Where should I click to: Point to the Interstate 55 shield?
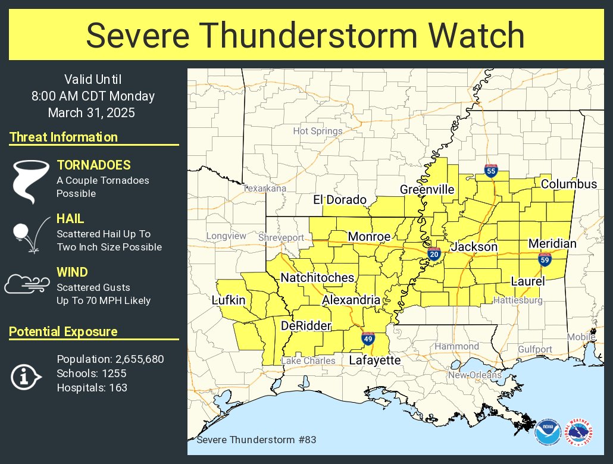[x=491, y=171]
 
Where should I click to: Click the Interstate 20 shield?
[x=433, y=254]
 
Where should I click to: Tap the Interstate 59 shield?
[x=545, y=259]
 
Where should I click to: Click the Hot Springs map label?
[x=318, y=131]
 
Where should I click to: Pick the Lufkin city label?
[x=229, y=300]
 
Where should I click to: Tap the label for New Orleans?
[x=474, y=375]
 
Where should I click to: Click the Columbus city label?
[x=568, y=184]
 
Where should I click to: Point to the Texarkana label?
[x=265, y=188]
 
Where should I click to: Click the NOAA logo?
[x=547, y=432]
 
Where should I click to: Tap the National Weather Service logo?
[x=578, y=432]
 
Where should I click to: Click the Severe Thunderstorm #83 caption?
[x=256, y=440]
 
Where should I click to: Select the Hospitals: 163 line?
[x=92, y=388]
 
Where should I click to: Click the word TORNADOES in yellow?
[x=93, y=165]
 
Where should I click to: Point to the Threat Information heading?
[x=64, y=137]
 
